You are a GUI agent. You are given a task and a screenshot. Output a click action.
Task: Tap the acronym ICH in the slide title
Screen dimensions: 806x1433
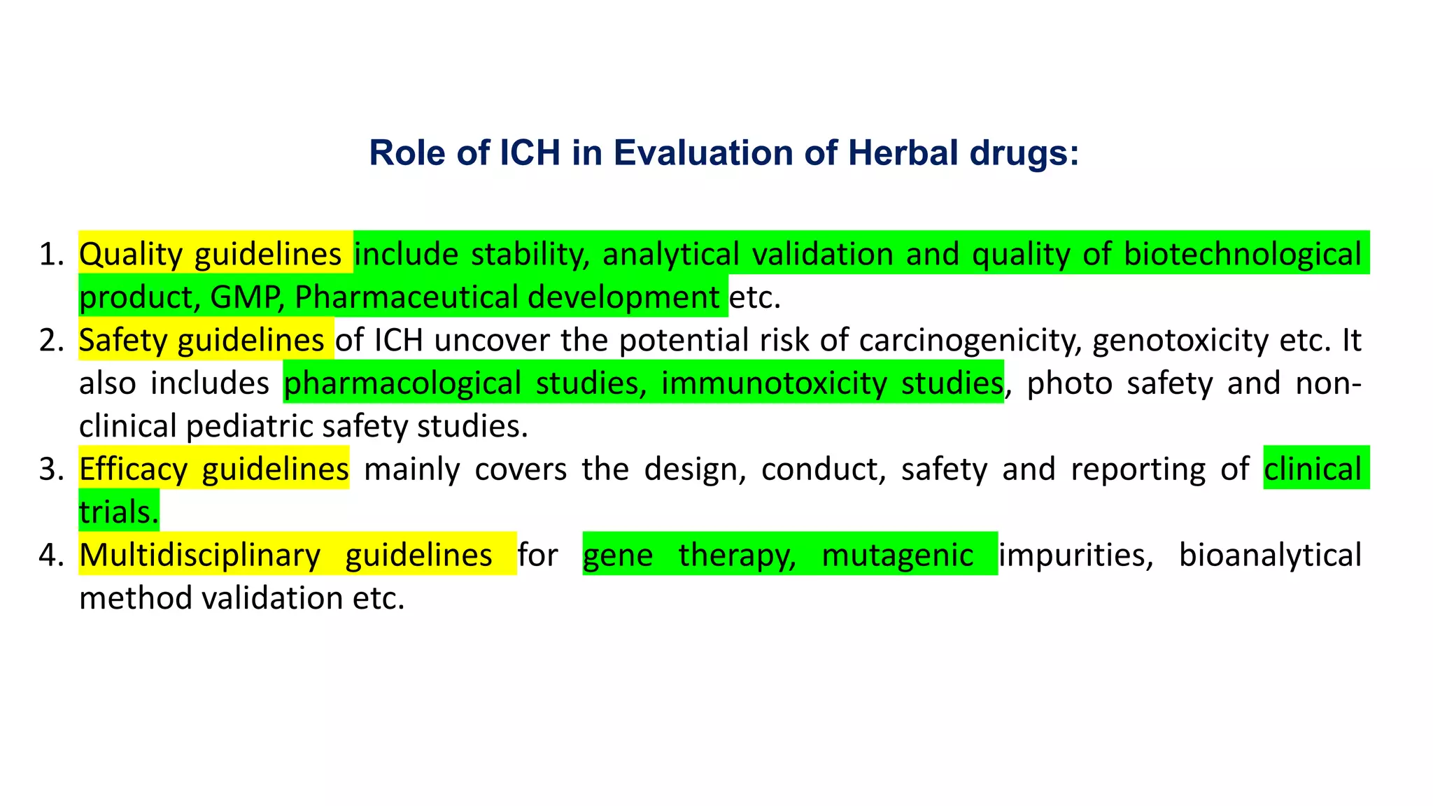click(530, 153)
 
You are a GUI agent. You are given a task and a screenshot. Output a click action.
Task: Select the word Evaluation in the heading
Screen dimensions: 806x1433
click(703, 153)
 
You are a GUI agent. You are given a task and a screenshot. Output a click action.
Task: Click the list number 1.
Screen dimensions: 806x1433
click(50, 255)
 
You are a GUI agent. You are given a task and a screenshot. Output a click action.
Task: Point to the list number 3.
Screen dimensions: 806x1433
click(50, 469)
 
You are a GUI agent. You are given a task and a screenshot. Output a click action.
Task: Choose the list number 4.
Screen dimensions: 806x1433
click(50, 556)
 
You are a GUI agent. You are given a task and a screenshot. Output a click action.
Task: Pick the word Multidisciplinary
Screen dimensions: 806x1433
click(200, 556)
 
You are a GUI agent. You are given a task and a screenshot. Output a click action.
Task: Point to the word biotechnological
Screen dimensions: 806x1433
click(1243, 255)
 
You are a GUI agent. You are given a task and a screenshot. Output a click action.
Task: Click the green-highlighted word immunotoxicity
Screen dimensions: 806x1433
click(774, 383)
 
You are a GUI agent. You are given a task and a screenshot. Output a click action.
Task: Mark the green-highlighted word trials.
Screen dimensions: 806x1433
click(118, 513)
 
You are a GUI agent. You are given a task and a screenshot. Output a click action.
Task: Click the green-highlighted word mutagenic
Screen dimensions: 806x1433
click(897, 556)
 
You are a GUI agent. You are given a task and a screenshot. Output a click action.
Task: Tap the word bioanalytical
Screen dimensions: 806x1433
click(1270, 556)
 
